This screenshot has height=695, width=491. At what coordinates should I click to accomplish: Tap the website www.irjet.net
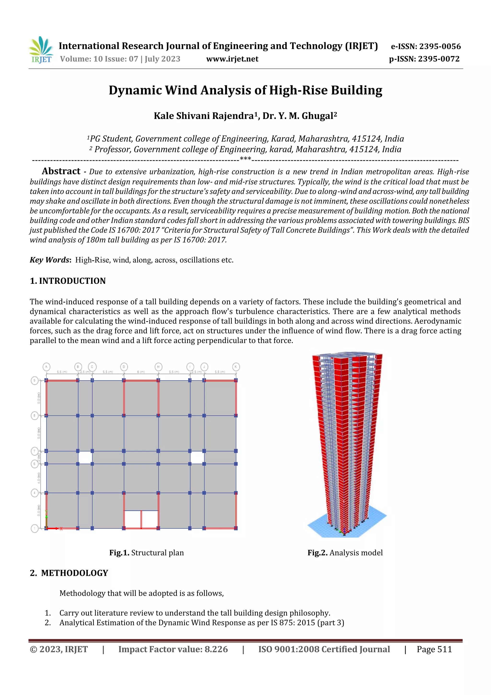click(232, 59)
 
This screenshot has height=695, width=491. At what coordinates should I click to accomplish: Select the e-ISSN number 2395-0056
click(426, 46)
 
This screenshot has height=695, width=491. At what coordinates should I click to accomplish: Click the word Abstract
click(61, 171)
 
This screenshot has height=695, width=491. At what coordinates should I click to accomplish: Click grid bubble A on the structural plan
click(46, 367)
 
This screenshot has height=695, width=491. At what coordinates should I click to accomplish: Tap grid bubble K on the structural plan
click(236, 367)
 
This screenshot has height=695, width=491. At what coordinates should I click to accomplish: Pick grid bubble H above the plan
click(158, 367)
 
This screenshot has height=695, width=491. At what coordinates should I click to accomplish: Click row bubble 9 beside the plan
click(35, 380)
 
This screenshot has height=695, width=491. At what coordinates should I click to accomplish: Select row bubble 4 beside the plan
click(35, 493)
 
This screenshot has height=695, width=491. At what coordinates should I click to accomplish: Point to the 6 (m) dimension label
click(141, 372)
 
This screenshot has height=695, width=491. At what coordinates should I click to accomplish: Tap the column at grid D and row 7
click(124, 451)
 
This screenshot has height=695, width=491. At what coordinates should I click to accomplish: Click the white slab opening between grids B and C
click(85, 457)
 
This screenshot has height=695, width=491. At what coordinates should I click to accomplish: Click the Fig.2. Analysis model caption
click(345, 553)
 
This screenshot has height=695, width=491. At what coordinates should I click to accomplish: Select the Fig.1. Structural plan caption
click(146, 553)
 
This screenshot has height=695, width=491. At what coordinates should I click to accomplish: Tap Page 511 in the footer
click(434, 649)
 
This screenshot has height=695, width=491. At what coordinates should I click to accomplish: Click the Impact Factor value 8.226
click(173, 649)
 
